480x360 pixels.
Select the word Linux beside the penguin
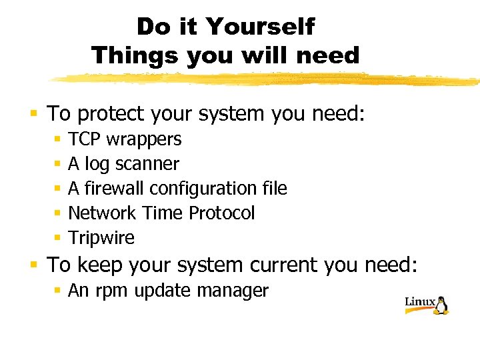tap(419, 302)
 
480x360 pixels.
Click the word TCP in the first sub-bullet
tap(84, 139)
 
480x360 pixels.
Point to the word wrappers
tap(143, 139)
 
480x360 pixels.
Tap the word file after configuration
tap(274, 189)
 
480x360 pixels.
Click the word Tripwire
tap(101, 238)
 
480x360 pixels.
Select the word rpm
tap(106, 291)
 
